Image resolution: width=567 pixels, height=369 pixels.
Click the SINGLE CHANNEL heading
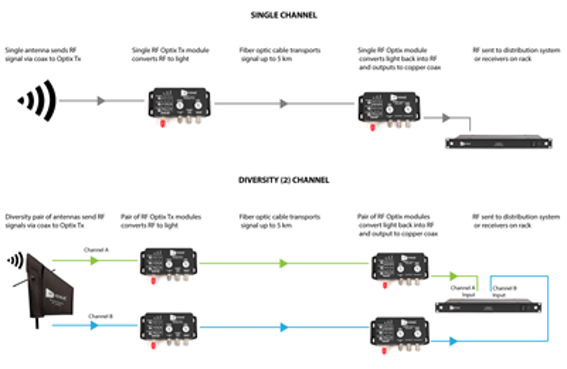[x=283, y=15]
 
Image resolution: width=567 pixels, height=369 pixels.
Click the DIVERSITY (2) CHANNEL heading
[x=283, y=180]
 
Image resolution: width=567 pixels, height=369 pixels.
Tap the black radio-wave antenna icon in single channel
[x=38, y=101]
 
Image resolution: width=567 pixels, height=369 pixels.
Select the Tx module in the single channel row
[x=179, y=103]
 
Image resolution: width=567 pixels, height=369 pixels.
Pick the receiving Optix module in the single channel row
[x=389, y=108]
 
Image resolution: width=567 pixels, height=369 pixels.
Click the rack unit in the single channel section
[x=499, y=142]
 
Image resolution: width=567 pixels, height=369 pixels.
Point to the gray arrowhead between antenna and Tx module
[x=101, y=101]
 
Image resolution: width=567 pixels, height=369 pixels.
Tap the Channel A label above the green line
[x=96, y=250]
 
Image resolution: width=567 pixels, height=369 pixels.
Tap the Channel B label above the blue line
[x=100, y=316]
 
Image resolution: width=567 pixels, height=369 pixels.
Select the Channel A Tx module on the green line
[x=169, y=262]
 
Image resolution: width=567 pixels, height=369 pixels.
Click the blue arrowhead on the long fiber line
[x=284, y=327]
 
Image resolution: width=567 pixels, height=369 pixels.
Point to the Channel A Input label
[x=463, y=291]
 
